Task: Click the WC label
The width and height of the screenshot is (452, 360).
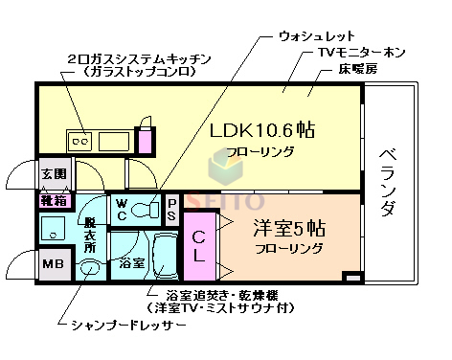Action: click(124, 208)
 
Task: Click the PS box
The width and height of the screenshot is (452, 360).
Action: click(172, 208)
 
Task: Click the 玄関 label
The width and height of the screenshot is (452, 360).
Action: click(53, 174)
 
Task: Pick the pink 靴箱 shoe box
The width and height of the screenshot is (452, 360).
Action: click(53, 201)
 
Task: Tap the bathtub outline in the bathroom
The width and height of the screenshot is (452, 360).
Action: click(161, 257)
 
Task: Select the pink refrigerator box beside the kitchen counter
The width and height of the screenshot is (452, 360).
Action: click(144, 141)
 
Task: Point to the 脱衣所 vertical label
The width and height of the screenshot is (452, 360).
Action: click(89, 231)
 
